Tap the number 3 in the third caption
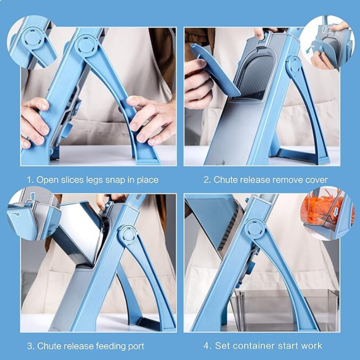[x=30, y=345]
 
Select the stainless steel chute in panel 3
[x=81, y=234]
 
